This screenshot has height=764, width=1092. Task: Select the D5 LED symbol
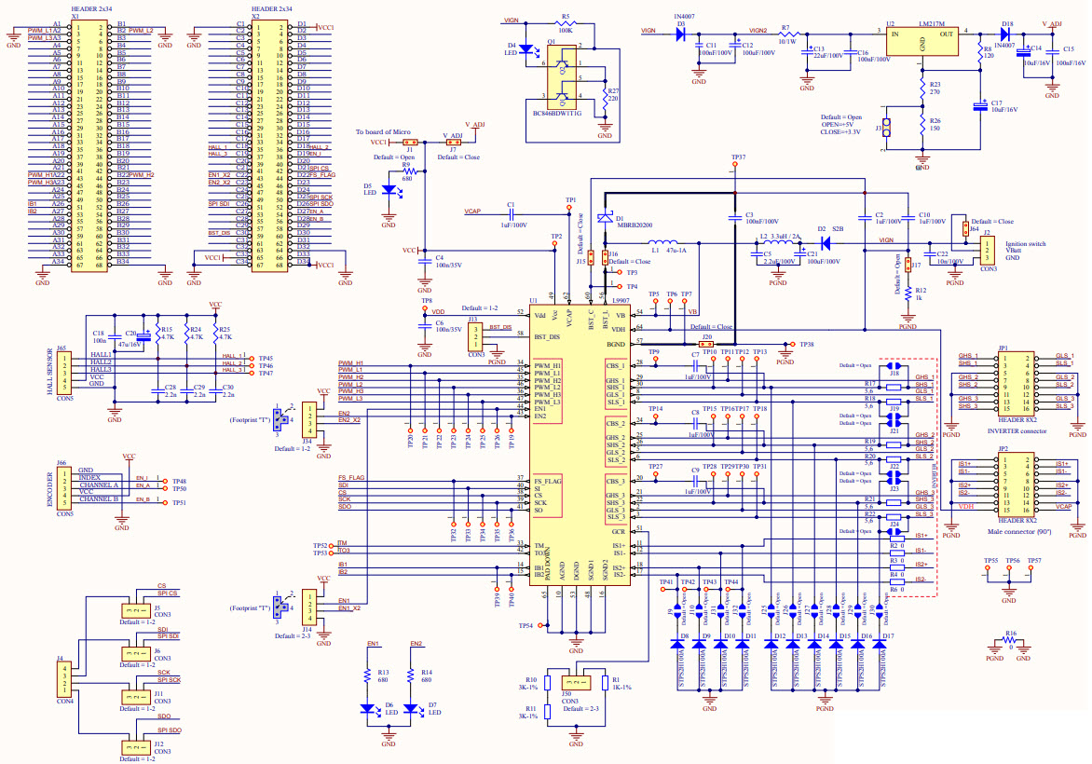coord(389,189)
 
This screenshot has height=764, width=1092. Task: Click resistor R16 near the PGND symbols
coord(1011,643)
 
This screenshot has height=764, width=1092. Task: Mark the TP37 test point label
coord(738,157)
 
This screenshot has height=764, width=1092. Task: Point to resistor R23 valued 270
coord(921,89)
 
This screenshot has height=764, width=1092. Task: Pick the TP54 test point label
coord(526,625)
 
